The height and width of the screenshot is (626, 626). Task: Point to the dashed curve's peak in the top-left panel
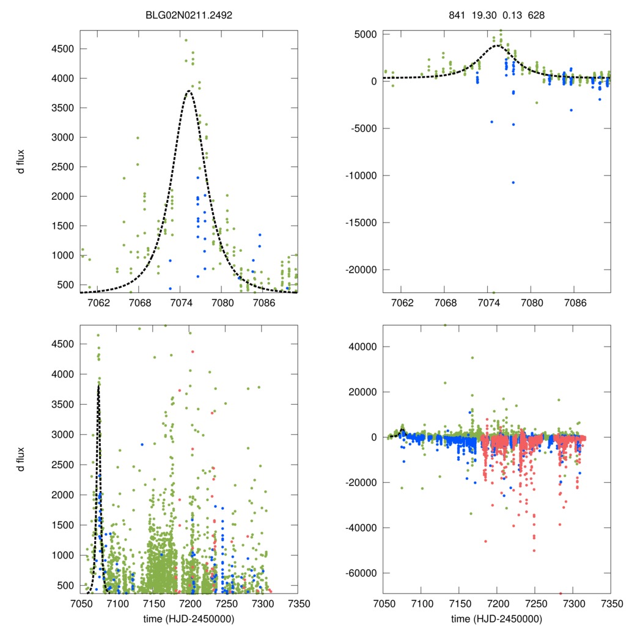189,91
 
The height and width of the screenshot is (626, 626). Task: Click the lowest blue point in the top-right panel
514,182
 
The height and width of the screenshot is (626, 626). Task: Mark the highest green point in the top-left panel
186,40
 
